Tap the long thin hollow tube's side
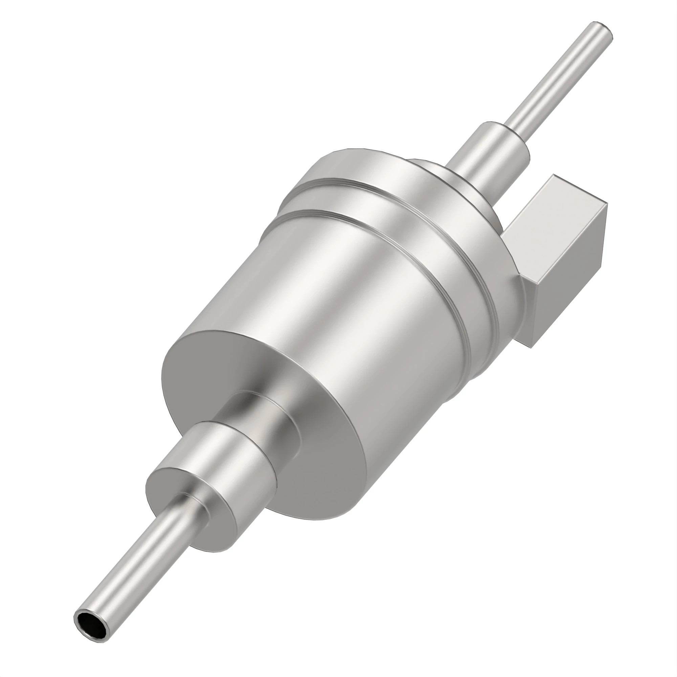pos(140,575)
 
